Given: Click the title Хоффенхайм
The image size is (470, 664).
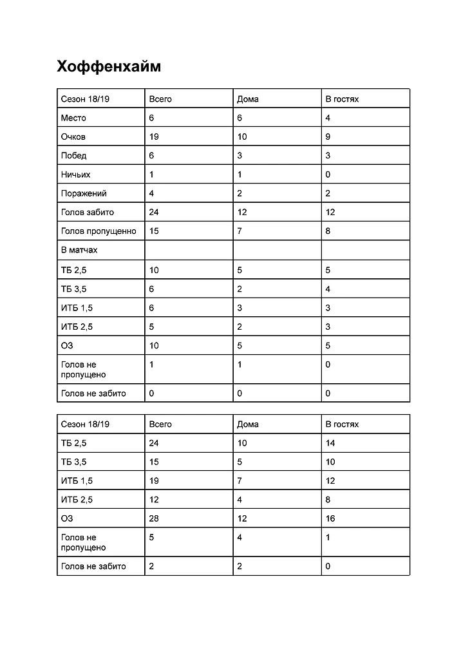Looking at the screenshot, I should [x=108, y=67].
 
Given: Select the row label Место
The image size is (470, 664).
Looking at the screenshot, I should [x=73, y=118].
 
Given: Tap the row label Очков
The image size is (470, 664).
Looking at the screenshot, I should [x=73, y=137].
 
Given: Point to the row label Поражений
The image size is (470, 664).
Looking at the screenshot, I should [x=84, y=193].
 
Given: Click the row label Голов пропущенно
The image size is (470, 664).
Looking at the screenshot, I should [x=99, y=231].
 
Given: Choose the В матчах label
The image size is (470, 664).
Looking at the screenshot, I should [x=79, y=250].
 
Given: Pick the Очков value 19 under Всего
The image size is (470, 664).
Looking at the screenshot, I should [x=154, y=137].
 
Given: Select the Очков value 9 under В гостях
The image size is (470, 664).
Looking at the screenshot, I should [x=328, y=137].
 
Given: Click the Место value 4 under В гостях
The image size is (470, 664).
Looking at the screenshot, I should [x=328, y=118].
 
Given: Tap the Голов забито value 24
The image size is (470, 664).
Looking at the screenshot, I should [x=154, y=212].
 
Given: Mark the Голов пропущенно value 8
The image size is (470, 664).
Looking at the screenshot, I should [x=328, y=231].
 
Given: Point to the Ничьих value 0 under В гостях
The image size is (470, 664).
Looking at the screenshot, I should [x=328, y=175].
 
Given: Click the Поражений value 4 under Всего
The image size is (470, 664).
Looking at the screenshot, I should [x=152, y=193].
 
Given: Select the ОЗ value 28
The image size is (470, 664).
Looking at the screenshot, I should [x=154, y=518].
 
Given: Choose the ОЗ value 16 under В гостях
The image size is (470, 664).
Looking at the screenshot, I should [x=330, y=518].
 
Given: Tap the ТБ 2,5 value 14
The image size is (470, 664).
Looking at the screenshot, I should [x=330, y=443].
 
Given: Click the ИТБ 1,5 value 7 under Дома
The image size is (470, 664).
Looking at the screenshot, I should [x=240, y=480].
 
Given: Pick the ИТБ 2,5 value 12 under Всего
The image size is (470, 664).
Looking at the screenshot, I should [x=154, y=499].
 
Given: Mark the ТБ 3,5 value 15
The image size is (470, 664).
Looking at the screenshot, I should [x=154, y=462].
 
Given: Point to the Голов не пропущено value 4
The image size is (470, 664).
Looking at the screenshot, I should [x=240, y=537].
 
